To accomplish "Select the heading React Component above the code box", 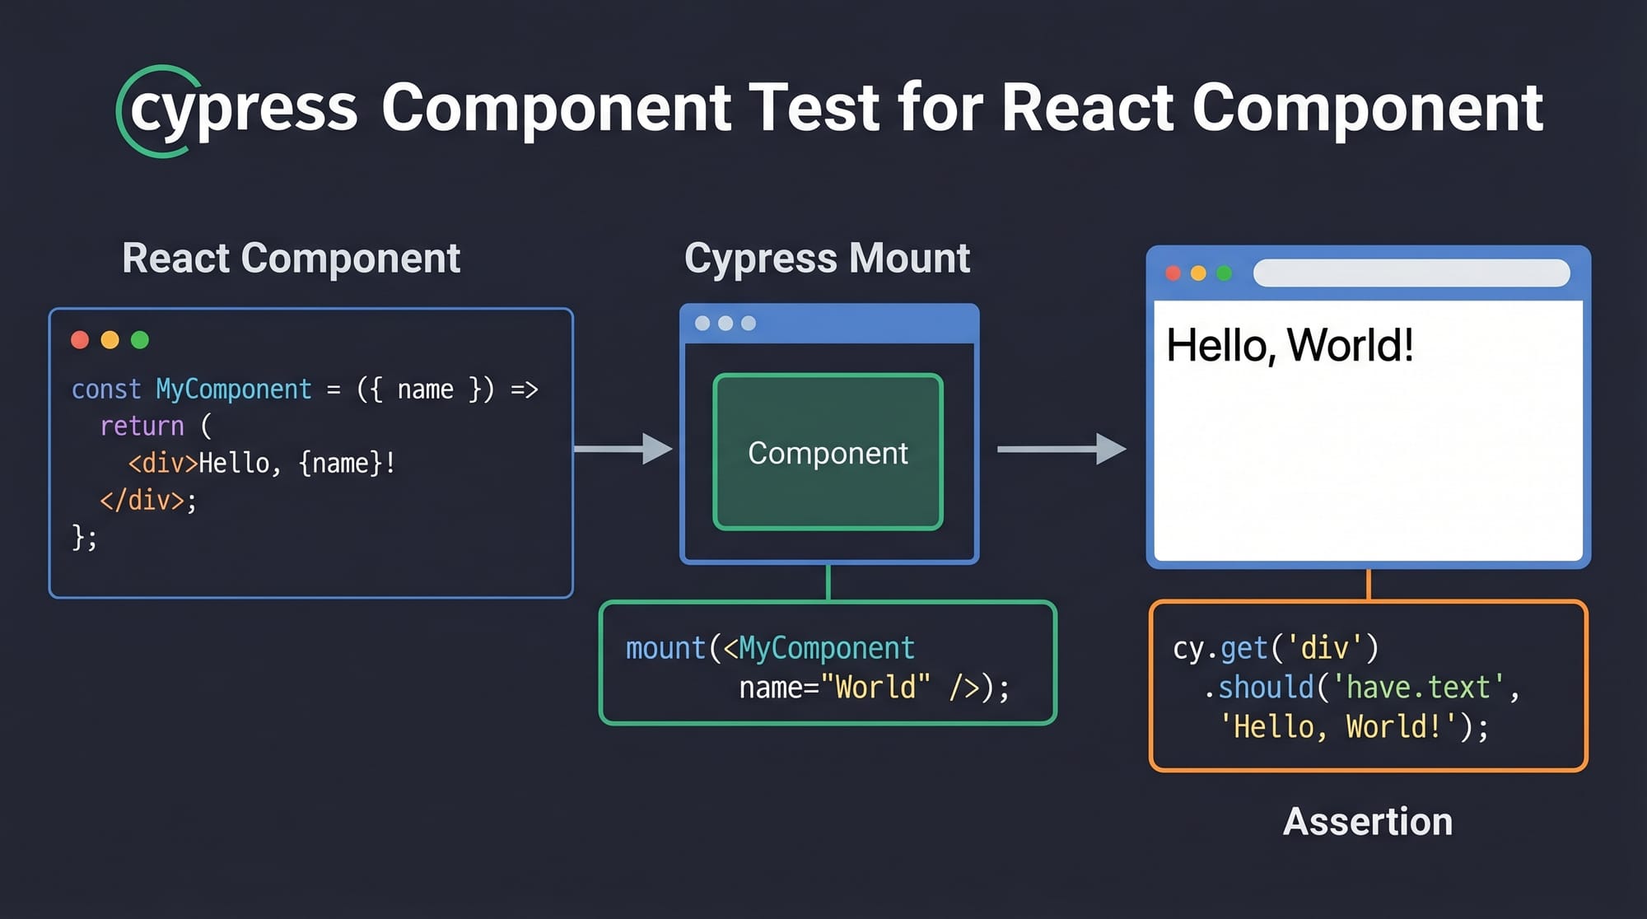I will click(x=291, y=259).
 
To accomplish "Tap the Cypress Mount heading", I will click(x=827, y=259).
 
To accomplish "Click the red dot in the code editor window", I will click(x=80, y=340).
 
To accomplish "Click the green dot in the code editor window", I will click(x=140, y=340).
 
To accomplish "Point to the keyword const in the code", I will click(x=106, y=389).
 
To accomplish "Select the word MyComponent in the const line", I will click(x=234, y=389).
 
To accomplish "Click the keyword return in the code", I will click(x=142, y=426).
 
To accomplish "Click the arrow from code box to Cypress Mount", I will click(x=623, y=449).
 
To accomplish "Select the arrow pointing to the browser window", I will click(x=1061, y=449).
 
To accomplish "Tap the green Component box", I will click(x=828, y=452).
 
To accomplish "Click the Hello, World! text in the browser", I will click(x=1290, y=345).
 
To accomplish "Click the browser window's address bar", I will click(x=1411, y=273).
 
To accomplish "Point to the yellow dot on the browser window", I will click(x=1198, y=273).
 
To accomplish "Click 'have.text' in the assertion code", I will click(x=1418, y=687).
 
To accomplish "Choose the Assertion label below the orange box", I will click(x=1367, y=822).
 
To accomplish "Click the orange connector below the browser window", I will click(x=1368, y=585).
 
